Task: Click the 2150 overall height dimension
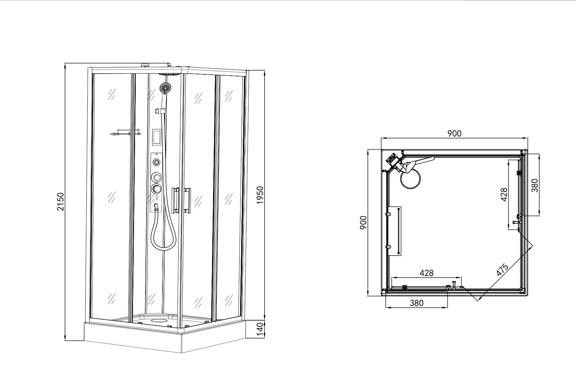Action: coord(60,202)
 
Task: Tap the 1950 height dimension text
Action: coord(260,195)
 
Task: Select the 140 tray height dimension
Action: coord(260,330)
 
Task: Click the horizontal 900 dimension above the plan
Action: coord(455,133)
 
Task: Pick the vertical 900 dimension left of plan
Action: coord(363,223)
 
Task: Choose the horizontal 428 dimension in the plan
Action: coord(427,273)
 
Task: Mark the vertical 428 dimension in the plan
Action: coord(504,195)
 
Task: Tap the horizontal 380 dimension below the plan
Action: coord(417,303)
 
